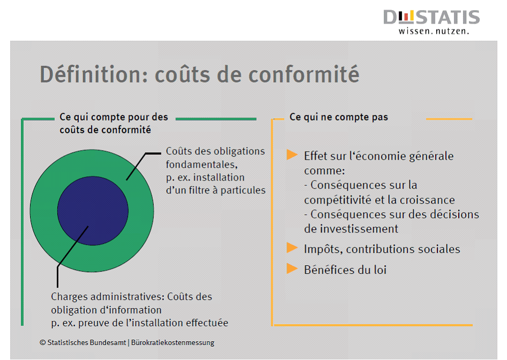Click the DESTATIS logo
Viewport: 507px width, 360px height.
tap(431, 21)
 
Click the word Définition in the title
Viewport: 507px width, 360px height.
tap(93, 74)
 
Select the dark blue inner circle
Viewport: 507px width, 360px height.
tap(93, 211)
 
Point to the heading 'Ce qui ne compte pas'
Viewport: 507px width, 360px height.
tap(339, 117)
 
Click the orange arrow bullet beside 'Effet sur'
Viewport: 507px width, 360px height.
tap(292, 155)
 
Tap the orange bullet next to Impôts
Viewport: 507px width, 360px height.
tap(292, 248)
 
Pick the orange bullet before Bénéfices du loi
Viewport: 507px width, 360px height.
tap(292, 268)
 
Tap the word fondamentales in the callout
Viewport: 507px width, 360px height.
tap(202, 164)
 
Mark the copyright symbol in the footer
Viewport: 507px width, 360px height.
tap(43, 342)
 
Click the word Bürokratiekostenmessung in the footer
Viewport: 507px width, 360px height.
tap(173, 342)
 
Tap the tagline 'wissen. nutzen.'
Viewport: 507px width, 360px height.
tap(434, 31)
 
